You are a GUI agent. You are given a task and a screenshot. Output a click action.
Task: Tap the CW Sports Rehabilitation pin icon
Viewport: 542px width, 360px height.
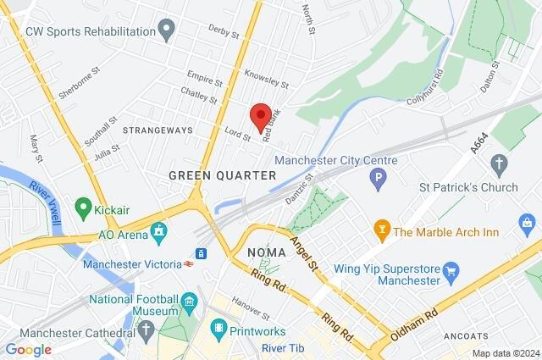point(167,31)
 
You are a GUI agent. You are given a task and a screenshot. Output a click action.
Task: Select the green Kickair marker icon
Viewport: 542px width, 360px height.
point(83,206)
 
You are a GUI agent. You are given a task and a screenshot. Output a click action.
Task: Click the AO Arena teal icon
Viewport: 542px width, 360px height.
point(158,231)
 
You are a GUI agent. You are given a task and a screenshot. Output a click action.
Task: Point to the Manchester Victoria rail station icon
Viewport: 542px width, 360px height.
point(202,253)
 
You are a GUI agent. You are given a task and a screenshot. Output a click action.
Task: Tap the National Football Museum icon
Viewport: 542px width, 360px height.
point(190,302)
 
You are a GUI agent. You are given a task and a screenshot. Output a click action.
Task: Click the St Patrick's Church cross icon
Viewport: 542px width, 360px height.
point(500,163)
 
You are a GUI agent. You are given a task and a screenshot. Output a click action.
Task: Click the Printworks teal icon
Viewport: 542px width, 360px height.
point(219,326)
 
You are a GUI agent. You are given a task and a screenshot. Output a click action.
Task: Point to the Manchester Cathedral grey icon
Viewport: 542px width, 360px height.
point(147,332)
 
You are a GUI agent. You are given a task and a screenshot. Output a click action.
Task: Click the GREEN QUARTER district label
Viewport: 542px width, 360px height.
point(222,175)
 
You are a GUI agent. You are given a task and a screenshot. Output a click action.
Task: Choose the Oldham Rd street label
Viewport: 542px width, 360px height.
point(414,324)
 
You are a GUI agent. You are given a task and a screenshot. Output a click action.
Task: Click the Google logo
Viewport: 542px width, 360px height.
point(28,349)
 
